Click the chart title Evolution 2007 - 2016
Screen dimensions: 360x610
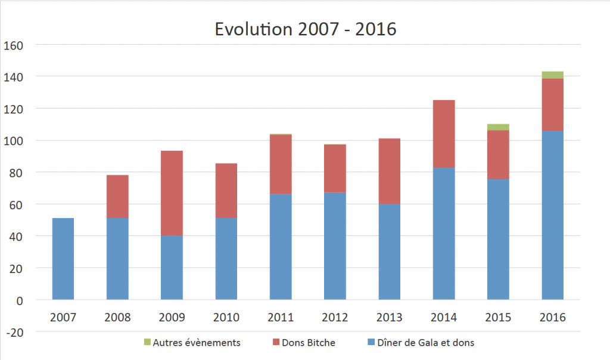coord(305,28)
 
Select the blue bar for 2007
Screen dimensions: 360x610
coord(63,259)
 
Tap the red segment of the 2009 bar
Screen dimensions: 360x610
coord(172,193)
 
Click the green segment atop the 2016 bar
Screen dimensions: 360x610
coord(552,75)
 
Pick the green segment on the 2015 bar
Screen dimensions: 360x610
coord(498,127)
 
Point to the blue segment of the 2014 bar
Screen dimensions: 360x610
coord(444,234)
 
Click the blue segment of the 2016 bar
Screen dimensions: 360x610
coord(552,215)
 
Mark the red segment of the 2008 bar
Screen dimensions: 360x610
coord(117,196)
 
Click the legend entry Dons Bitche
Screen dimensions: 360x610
coord(306,342)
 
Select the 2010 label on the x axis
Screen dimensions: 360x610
coord(226,317)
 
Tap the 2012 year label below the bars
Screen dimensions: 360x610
coord(335,317)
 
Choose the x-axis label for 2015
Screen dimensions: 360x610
coord(498,317)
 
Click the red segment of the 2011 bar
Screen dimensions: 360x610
coord(281,164)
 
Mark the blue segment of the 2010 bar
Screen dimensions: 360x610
coord(226,259)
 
